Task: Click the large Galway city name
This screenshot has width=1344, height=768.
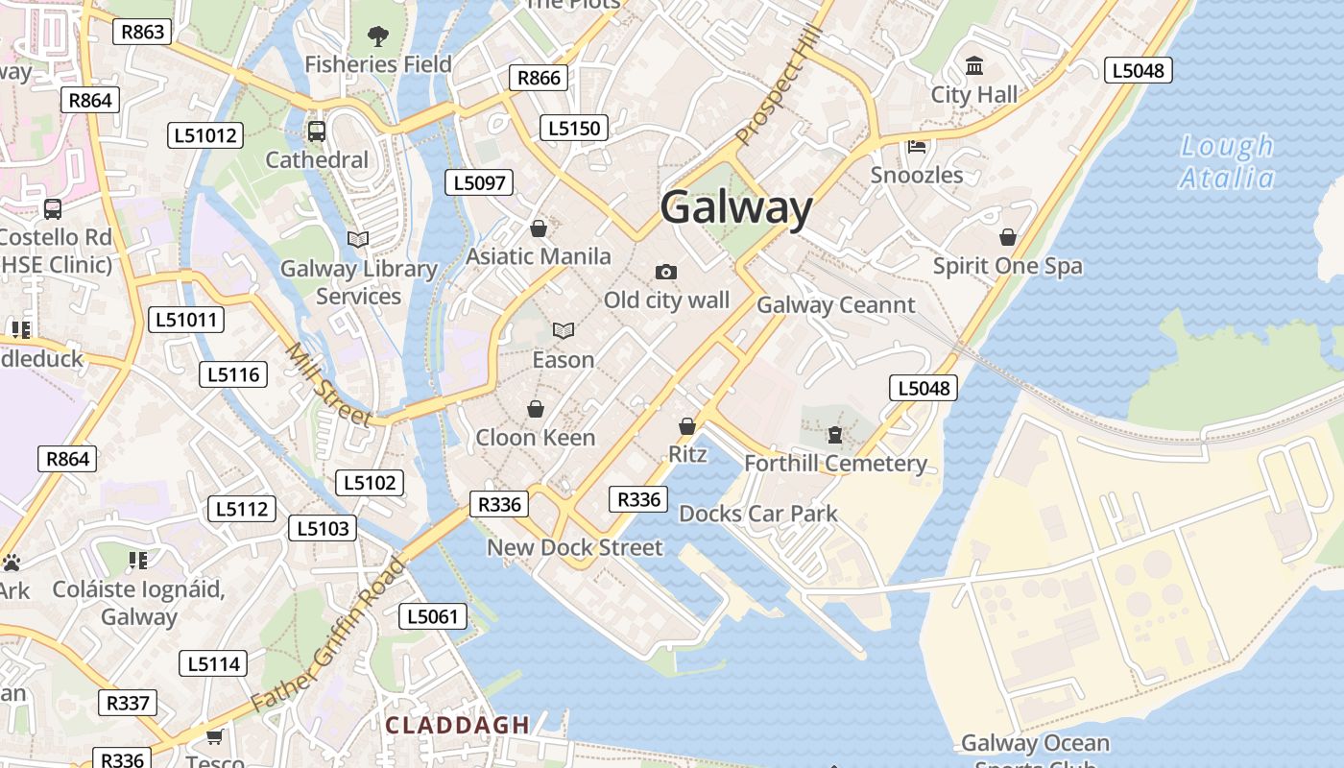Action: [x=736, y=208]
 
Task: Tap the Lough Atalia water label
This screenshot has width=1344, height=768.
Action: [x=1227, y=162]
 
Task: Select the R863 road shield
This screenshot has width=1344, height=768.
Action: [x=142, y=32]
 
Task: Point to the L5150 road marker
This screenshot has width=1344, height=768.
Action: [x=574, y=128]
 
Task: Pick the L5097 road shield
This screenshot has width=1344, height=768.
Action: [x=479, y=182]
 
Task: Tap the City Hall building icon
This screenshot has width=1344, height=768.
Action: [x=974, y=66]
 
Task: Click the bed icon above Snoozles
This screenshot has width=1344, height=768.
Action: [x=917, y=147]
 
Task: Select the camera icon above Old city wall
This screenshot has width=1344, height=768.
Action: [x=666, y=273]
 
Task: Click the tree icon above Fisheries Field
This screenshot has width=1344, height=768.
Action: [x=378, y=36]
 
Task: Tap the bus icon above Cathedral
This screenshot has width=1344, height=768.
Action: [x=317, y=132]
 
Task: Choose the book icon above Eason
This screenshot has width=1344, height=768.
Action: [x=564, y=331]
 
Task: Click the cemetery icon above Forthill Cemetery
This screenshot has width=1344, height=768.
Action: [x=835, y=436]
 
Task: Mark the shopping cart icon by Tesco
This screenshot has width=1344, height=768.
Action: [x=215, y=736]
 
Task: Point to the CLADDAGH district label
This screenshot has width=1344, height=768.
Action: [x=457, y=725]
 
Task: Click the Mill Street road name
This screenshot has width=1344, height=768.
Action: [x=328, y=385]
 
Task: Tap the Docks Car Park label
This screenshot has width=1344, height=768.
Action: [x=758, y=514]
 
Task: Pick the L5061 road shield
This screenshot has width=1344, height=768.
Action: [x=433, y=616]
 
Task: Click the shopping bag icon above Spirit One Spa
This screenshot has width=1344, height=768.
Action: [x=1008, y=237]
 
